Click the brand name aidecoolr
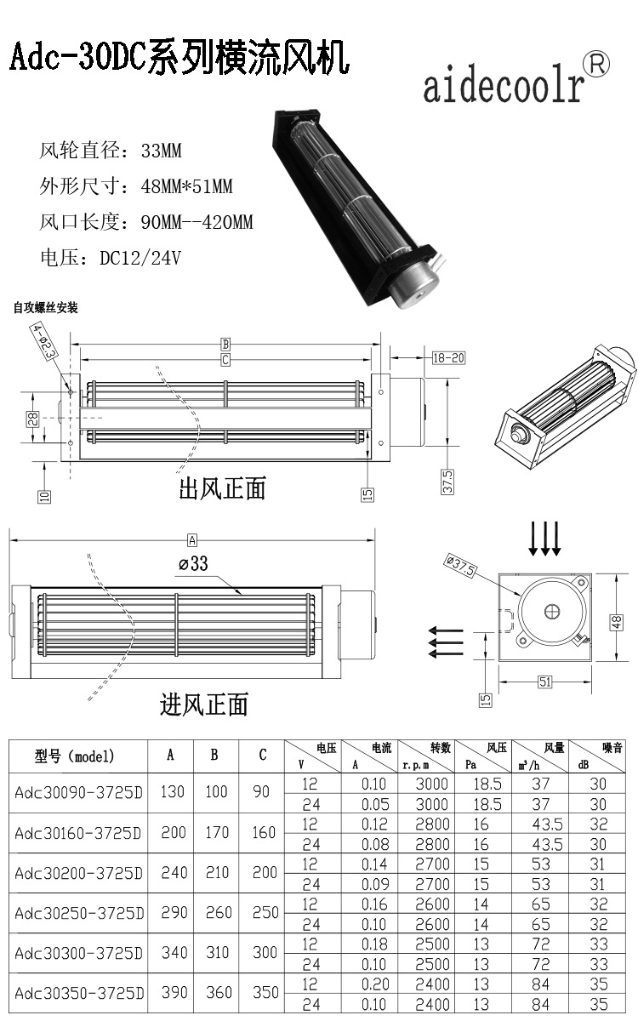point(504,87)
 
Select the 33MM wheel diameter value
point(162,151)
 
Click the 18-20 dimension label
point(447,357)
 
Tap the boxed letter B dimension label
point(225,345)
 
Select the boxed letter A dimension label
point(192,539)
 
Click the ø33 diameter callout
point(193,563)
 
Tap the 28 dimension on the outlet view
point(32,419)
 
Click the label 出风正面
point(222,488)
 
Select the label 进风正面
point(204,704)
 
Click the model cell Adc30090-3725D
point(79,792)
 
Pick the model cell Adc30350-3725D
point(79,993)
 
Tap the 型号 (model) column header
point(75,756)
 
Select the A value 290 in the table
point(172,912)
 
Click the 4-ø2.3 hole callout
point(44,340)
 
